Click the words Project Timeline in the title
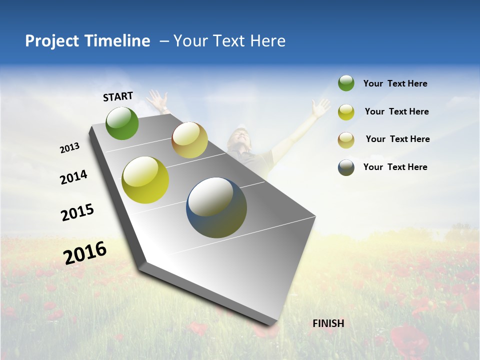coord(87,41)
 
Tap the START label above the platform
coord(118,96)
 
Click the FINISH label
coord(328,323)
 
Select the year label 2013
coord(69,148)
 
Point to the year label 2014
coord(73,177)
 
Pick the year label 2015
coord(77,212)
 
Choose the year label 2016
coord(85,252)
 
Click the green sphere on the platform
coord(122,123)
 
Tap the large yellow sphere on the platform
coord(145,180)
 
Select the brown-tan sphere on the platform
coord(189,140)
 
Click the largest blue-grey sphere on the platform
coord(216,207)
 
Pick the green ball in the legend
coord(346,83)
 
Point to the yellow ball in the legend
coord(346,112)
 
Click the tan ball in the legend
coord(346,140)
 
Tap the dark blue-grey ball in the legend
coord(346,167)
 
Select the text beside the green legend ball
coord(395,83)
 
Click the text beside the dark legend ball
coord(395,167)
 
